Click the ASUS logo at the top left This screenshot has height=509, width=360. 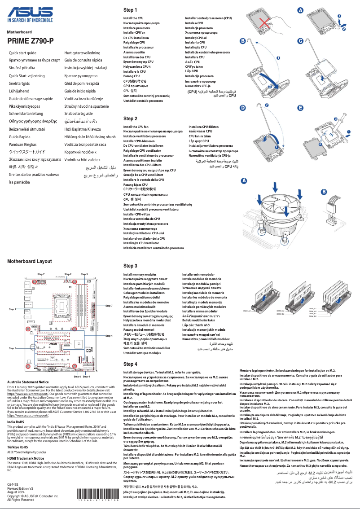tap(30, 13)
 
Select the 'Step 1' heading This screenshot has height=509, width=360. tap(130, 10)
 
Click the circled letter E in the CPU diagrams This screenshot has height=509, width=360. tap(300, 108)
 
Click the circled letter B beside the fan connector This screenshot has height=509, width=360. tap(324, 192)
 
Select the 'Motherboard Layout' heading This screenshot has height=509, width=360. tap(29, 261)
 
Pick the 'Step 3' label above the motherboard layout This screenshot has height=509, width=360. tap(84, 274)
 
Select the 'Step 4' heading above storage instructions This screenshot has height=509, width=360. tap(130, 364)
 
